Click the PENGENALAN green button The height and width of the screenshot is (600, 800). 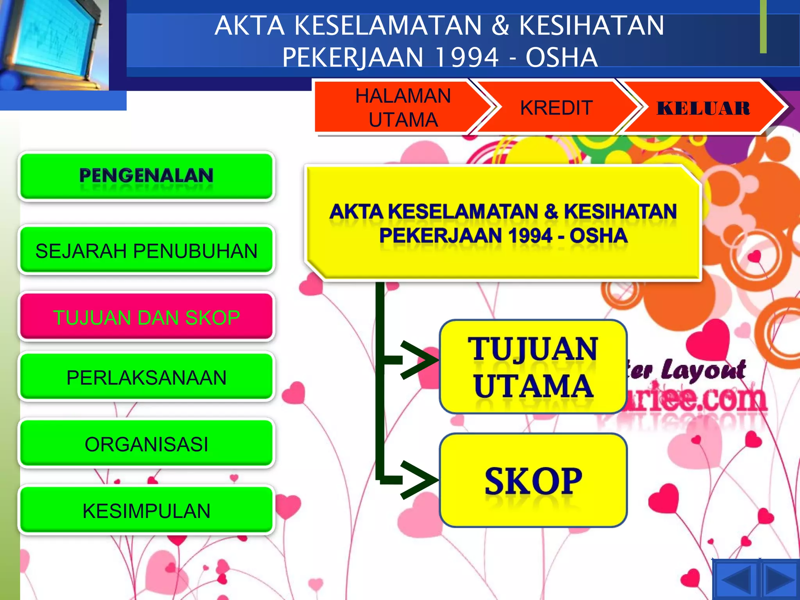(x=146, y=176)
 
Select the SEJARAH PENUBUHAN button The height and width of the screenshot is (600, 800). (x=146, y=250)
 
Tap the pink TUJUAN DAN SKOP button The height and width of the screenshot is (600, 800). (x=146, y=317)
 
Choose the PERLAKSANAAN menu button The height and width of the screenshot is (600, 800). (x=146, y=377)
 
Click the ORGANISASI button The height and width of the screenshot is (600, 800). (x=146, y=444)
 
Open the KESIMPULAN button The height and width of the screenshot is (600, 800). (x=146, y=511)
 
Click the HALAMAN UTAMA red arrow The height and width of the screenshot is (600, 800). (x=402, y=107)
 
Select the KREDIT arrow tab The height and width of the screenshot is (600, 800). (x=556, y=107)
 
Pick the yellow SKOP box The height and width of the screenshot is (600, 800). (x=533, y=480)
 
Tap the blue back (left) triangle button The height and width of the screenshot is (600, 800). (x=736, y=580)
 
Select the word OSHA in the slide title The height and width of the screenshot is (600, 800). (x=561, y=57)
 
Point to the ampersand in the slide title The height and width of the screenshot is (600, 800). (x=500, y=25)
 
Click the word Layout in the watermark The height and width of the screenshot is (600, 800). (x=703, y=370)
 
